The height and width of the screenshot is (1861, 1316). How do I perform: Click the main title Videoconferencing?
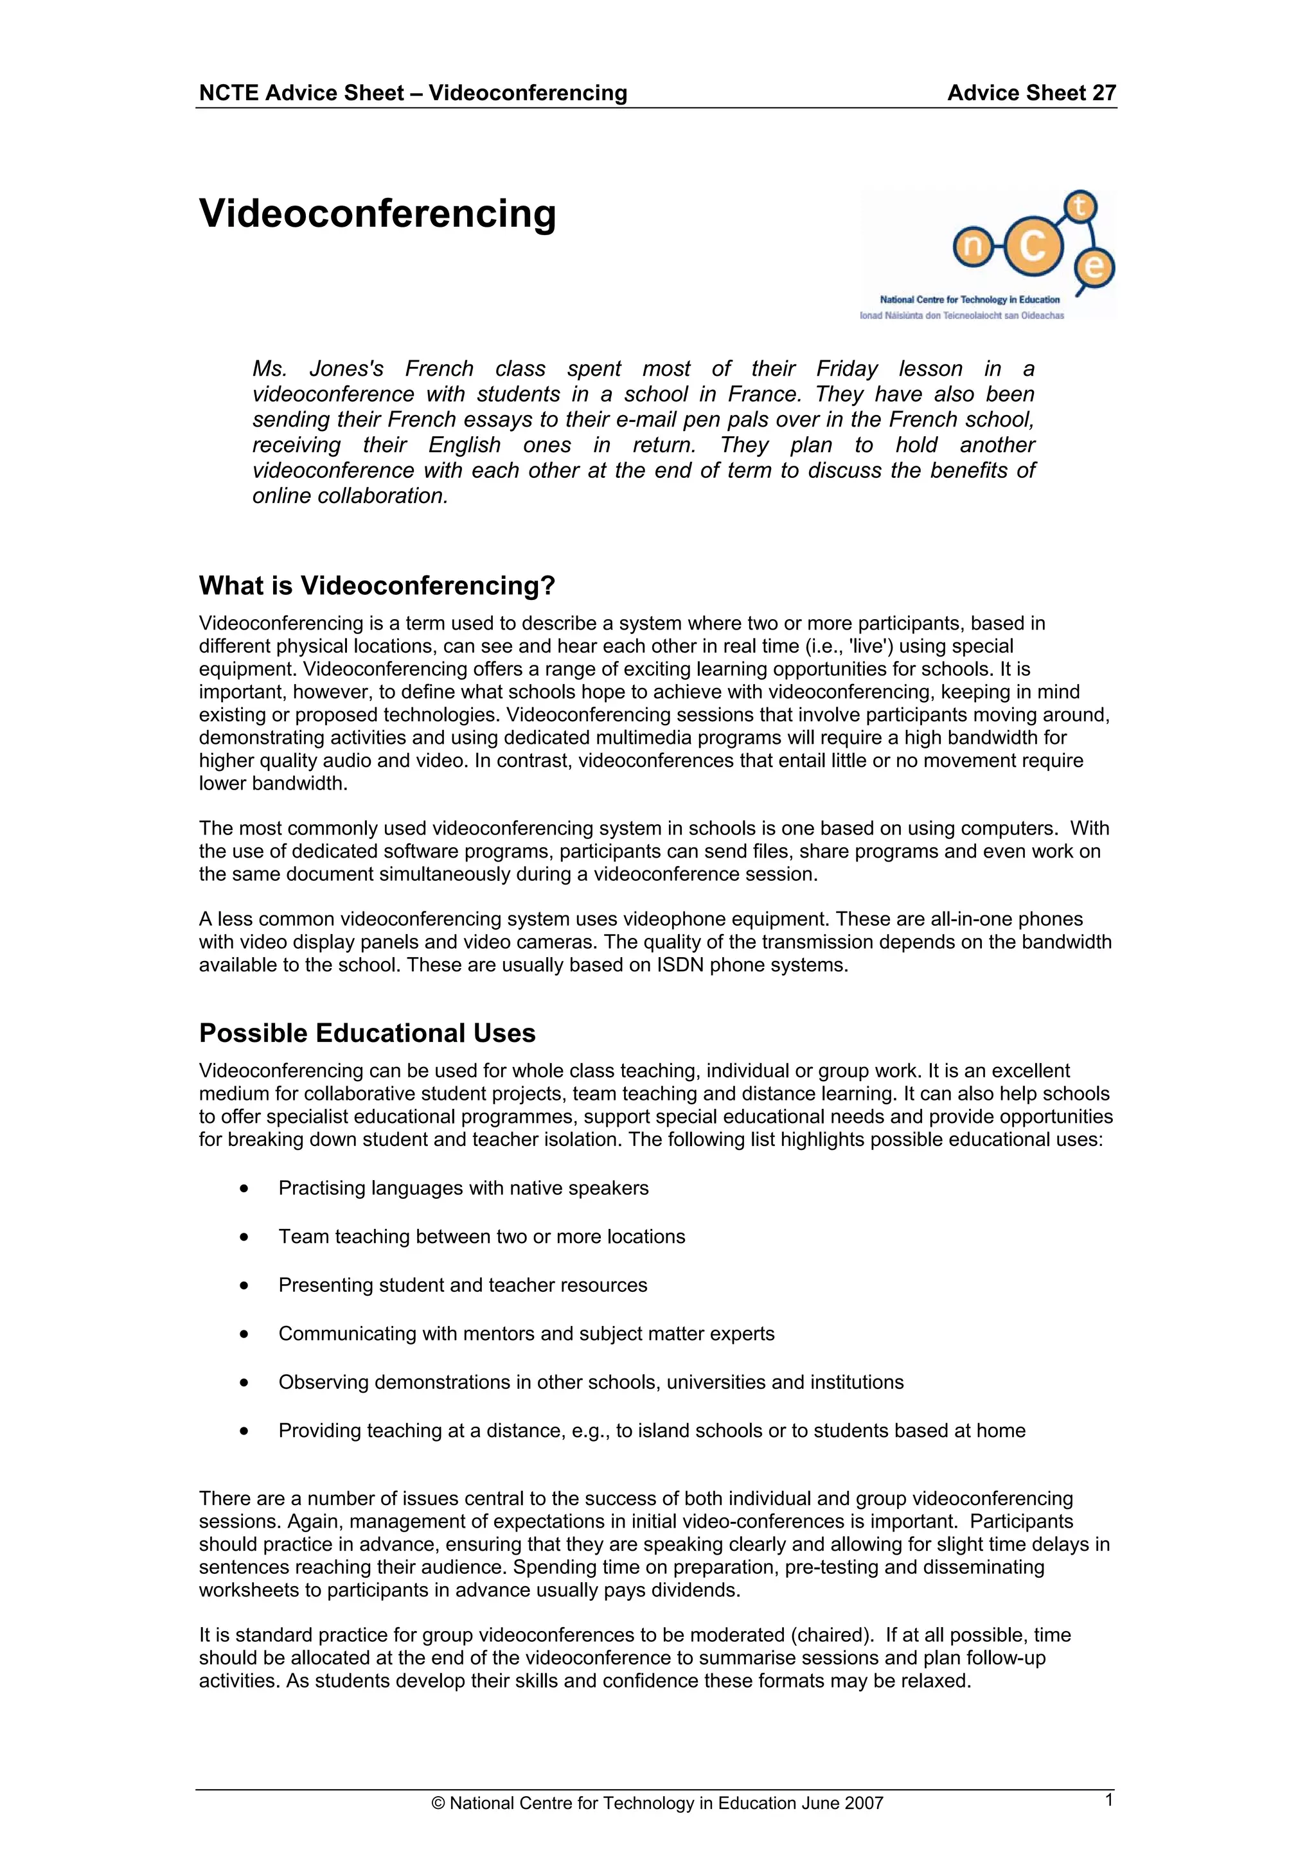pos(377,214)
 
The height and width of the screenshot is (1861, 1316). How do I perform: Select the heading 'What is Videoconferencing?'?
pos(377,585)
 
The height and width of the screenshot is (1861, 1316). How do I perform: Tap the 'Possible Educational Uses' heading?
pos(368,1034)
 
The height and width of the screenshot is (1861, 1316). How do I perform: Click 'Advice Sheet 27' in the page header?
pos(1031,93)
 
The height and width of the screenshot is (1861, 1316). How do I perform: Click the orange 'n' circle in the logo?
pos(973,247)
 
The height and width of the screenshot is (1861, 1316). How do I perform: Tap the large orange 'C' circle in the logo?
pos(1032,247)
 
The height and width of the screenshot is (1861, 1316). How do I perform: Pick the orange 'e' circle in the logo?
pos(1095,267)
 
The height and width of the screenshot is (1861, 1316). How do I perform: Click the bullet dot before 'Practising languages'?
pos(244,1189)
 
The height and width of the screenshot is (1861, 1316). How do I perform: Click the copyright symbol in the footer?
pos(439,1803)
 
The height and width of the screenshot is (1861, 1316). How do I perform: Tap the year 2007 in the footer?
pos(863,1803)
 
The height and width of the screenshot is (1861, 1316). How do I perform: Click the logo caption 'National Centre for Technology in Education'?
pos(970,300)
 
